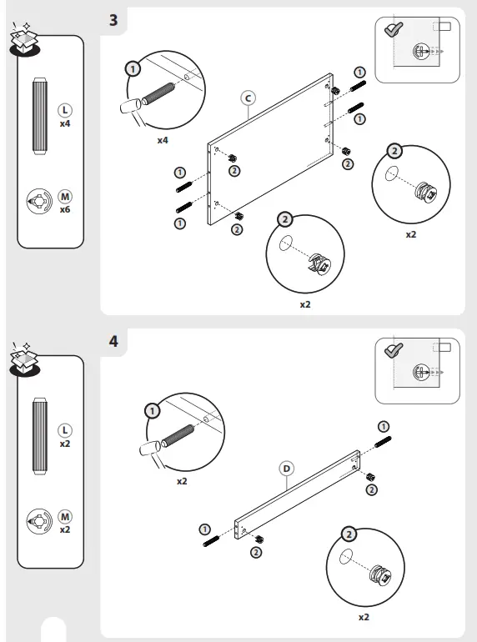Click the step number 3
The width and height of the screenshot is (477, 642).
pos(113,20)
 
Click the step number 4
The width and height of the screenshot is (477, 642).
pos(113,341)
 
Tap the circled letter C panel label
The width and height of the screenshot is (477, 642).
pos(249,98)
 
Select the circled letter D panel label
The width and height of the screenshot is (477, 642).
pos(287,469)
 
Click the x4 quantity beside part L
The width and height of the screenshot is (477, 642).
pos(65,123)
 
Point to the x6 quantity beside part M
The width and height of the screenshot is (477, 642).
pos(65,209)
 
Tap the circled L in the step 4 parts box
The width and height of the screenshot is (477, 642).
pos(65,430)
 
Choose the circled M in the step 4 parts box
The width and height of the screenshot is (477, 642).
pos(65,517)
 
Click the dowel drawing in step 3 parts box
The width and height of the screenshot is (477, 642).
pos(40,116)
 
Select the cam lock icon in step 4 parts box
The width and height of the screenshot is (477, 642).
pos(39,521)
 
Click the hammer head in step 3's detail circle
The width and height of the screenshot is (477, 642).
pos(131,108)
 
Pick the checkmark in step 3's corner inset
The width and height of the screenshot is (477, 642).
pos(394,29)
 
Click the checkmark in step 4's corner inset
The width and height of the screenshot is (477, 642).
pos(394,350)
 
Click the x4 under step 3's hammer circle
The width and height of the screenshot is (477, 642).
pos(163,140)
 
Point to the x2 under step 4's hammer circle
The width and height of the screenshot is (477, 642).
pos(182,482)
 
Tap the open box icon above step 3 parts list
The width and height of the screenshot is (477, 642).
pos(24,39)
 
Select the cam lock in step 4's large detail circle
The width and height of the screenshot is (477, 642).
pos(381,574)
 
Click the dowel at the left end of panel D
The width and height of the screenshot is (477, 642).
pos(211,542)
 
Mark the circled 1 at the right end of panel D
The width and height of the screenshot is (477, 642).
pos(384,427)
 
